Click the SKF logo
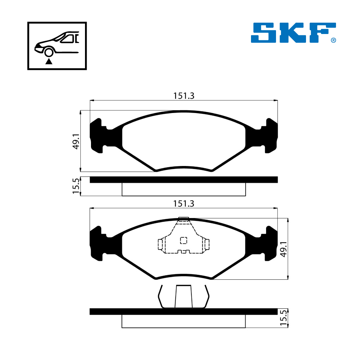[293, 33]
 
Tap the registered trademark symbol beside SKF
[333, 40]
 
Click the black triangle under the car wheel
[49, 61]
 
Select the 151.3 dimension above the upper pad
[184, 96]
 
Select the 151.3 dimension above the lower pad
[184, 203]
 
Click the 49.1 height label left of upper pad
[76, 141]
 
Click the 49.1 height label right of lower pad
[284, 249]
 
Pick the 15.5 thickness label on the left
[76, 186]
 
